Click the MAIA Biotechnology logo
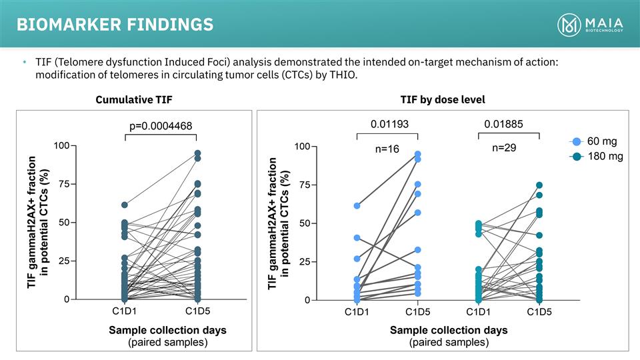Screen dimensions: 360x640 point(590,25)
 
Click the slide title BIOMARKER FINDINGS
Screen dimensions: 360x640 point(115,25)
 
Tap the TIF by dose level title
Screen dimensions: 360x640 point(442,99)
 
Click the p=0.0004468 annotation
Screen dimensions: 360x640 point(161,126)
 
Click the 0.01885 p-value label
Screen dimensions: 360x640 point(503,123)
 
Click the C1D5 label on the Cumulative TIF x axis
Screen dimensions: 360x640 point(197,311)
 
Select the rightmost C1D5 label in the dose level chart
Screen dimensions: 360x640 point(539,311)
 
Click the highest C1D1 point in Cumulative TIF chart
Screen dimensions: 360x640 point(125,205)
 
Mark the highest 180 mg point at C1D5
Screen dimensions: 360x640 point(539,185)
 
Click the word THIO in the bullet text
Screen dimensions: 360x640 point(342,75)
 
